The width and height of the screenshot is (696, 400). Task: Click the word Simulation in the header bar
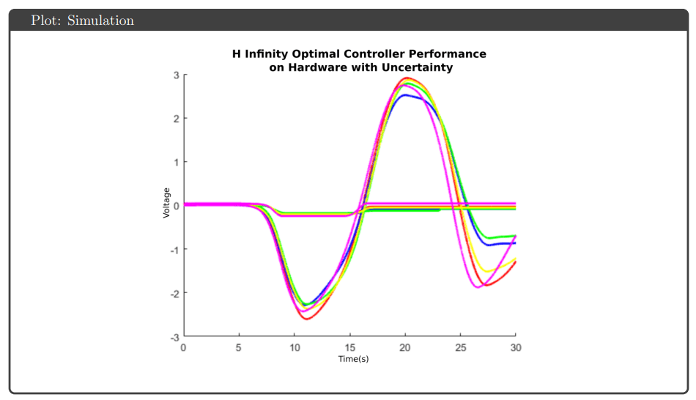100,21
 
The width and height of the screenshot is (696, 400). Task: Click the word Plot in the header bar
45,21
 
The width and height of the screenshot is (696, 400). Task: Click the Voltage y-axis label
166,202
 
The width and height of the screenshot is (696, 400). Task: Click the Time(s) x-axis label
353,359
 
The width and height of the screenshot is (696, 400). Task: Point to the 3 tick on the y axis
176,75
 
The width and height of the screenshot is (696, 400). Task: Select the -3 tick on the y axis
174,336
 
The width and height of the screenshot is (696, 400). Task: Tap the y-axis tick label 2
176,119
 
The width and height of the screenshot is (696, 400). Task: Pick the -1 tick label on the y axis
174,249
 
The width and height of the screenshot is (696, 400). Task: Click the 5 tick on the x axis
239,347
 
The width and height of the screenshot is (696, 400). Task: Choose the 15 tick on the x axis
349,347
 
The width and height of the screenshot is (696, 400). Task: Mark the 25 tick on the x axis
460,347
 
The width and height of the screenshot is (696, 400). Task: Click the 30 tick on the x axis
515,347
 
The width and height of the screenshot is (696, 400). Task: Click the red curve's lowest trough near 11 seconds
306,319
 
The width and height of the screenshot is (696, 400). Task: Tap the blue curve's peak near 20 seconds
406,95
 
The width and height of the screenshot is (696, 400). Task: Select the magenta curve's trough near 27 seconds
478,287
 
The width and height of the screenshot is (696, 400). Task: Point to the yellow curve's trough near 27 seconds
486,272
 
